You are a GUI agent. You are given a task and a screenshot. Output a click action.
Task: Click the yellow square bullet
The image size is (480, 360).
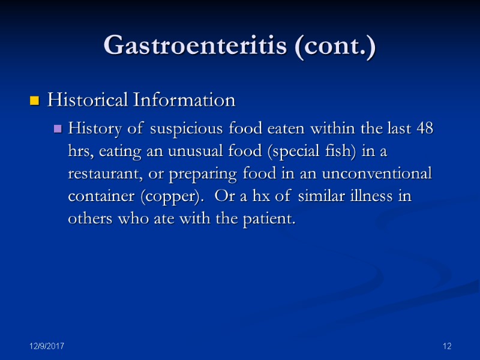click(35, 101)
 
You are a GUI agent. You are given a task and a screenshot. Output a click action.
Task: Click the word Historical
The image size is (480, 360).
click(87, 100)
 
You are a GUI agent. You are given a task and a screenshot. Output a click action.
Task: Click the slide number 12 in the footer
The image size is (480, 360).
click(446, 347)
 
